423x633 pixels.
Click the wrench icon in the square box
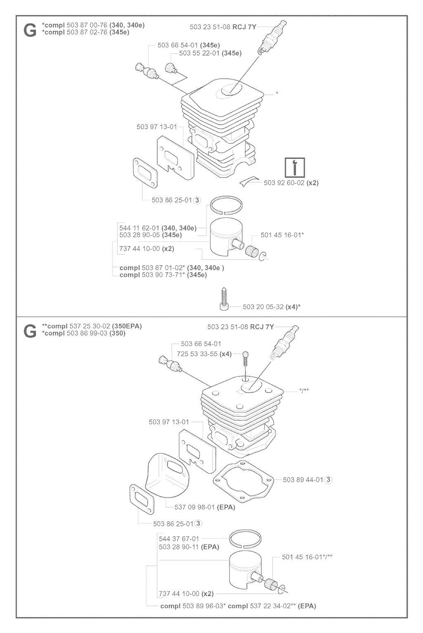[295, 167]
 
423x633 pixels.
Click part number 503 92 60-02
[284, 183]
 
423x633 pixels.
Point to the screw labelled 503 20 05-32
[224, 299]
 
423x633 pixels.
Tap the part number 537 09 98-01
[195, 507]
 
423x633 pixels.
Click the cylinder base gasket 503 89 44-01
[243, 482]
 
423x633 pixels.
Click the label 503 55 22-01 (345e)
[210, 53]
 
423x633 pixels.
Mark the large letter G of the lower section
[30, 331]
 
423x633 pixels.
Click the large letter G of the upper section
[30, 30]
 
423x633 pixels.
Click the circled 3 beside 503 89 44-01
[328, 480]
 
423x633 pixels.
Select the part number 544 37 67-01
[179, 539]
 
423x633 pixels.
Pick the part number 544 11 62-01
[140, 228]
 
